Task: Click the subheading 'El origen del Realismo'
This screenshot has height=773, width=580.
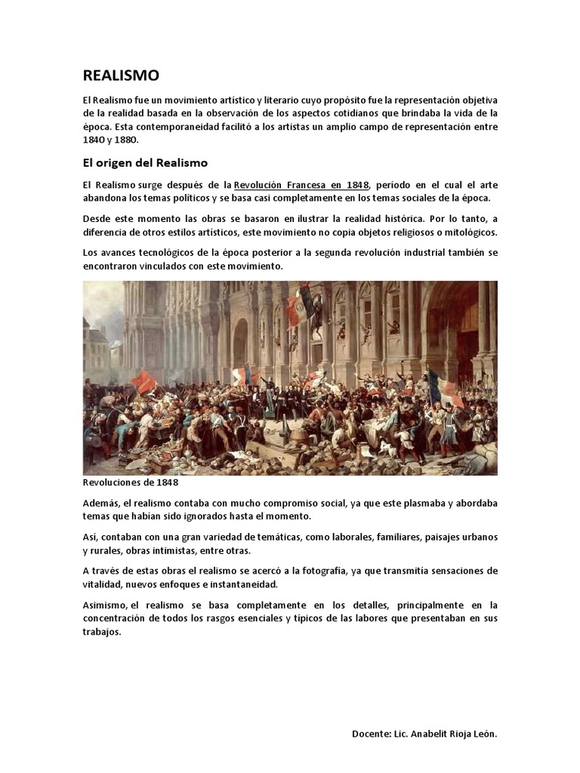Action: click(x=144, y=162)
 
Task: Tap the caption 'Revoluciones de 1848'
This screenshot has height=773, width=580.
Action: click(x=130, y=482)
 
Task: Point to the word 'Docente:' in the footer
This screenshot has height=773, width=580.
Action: click(x=372, y=734)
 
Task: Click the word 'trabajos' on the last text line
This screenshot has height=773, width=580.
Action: click(x=101, y=633)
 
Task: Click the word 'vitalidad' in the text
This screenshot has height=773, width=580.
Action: click(x=104, y=585)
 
